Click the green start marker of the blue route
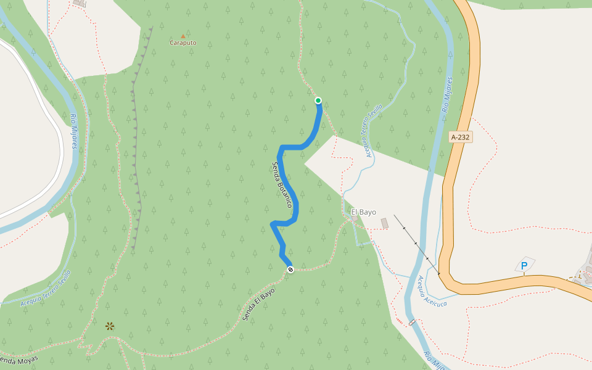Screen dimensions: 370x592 318,101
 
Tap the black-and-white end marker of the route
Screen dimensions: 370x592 290,269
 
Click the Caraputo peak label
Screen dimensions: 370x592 183,43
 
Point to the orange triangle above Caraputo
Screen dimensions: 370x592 183,36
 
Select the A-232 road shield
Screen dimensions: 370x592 461,138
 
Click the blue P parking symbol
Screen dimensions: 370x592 524,266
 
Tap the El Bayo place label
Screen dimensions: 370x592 363,212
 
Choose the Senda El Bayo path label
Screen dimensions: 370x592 258,305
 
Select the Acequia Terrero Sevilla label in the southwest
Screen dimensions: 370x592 46,288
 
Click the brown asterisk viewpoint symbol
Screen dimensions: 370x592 110,326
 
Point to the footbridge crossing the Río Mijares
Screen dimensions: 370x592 411,323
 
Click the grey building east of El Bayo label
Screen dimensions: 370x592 385,223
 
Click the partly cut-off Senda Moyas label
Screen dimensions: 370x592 18,360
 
